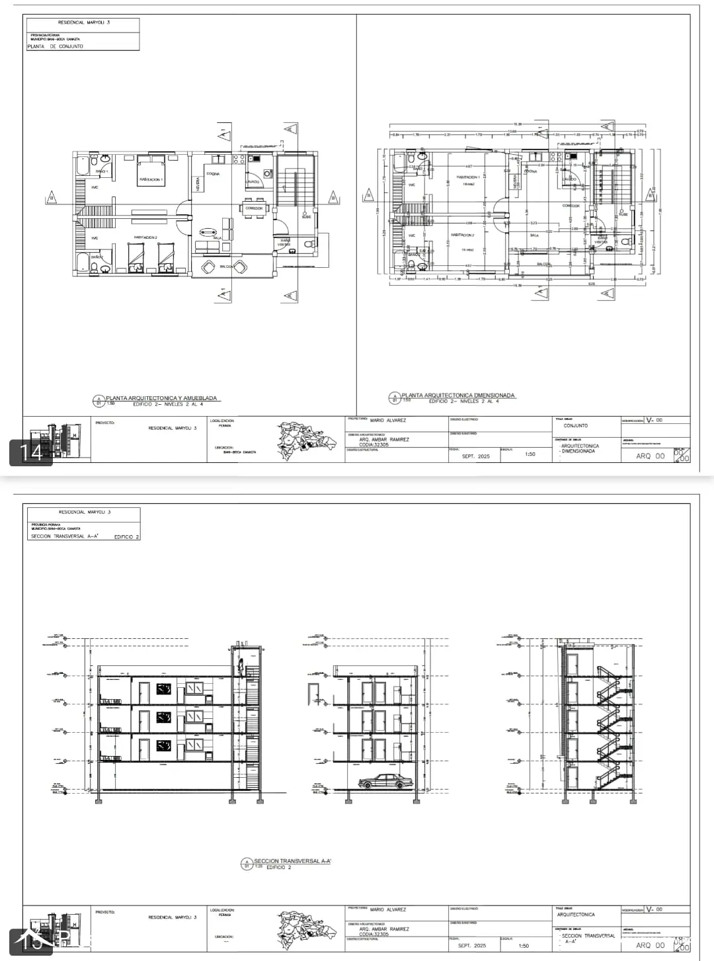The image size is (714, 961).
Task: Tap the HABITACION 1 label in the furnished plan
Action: [x=151, y=179]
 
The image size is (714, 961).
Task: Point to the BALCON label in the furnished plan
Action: [x=227, y=267]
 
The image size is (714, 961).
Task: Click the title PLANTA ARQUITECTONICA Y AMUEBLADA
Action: [x=161, y=399]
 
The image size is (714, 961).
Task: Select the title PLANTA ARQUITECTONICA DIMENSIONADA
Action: [x=458, y=396]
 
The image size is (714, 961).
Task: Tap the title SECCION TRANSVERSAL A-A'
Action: [x=292, y=861]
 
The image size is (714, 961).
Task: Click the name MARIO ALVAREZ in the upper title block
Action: [x=388, y=420]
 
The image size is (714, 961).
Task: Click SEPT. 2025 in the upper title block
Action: [x=475, y=456]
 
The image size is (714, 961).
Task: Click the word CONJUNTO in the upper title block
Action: [x=575, y=425]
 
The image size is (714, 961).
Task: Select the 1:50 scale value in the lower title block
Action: [x=524, y=946]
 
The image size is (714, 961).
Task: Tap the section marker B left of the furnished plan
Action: [x=51, y=197]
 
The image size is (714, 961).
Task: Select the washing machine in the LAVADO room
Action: [x=267, y=173]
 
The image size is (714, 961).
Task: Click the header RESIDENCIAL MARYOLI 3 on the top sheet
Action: [x=84, y=22]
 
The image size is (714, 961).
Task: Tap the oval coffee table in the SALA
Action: [x=208, y=231]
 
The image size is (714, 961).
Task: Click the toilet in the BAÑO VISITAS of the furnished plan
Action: [x=307, y=244]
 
